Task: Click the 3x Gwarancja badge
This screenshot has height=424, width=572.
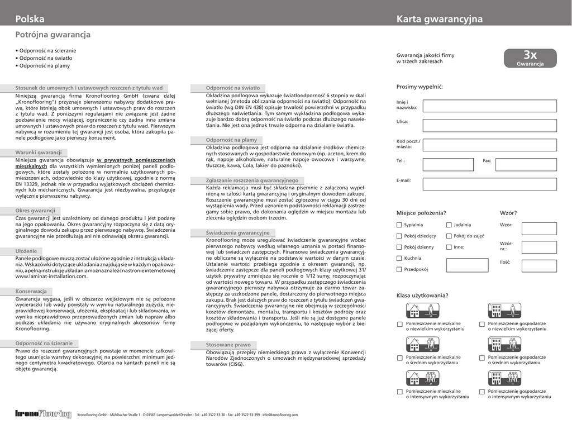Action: pos(530,58)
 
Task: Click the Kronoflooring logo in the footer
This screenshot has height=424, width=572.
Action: pos(44,414)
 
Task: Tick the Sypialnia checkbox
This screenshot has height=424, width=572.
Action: pos(399,225)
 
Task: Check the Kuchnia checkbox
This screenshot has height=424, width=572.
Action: pos(399,258)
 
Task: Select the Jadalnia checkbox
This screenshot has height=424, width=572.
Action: pos(449,225)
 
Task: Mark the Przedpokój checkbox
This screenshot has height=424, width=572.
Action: pos(399,269)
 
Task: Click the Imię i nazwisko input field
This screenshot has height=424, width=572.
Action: pos(489,106)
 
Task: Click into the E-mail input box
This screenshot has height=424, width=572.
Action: pos(489,184)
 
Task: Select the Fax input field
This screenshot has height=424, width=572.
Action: pos(526,164)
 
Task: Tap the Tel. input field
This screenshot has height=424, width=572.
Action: pos(448,164)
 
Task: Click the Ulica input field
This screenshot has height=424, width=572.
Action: pos(489,125)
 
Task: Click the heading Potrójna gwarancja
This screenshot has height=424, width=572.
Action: pos(53,35)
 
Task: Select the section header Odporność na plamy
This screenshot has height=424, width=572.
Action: pos(231,140)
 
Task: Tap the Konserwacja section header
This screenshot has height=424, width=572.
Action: pos(31,292)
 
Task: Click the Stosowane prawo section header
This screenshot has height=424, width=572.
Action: pos(228,345)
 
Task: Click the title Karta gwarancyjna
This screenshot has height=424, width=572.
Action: pos(440,19)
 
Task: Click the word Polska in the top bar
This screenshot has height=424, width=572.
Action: pos(30,19)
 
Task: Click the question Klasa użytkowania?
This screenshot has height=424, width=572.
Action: pos(422,296)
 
